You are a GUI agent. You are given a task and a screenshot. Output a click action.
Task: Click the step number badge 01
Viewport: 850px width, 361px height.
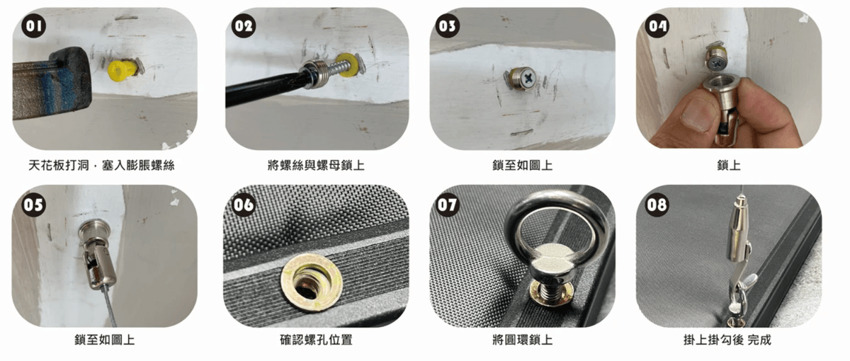pos(34,25)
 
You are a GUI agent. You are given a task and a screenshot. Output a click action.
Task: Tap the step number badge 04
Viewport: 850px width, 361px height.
pos(657,25)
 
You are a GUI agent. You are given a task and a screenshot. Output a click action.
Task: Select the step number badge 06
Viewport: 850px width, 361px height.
pos(244,205)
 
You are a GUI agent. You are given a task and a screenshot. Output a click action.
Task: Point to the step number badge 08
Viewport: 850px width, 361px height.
pos(657,205)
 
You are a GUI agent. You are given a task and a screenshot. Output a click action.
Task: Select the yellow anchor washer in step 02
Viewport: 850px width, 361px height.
pos(347,65)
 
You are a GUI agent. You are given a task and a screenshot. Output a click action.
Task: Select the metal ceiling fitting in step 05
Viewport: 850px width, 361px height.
pos(97,254)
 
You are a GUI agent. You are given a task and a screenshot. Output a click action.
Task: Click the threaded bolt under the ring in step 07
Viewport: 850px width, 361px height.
pos(550,290)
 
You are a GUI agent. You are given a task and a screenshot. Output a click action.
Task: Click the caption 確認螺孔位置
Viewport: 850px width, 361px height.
pos(316,340)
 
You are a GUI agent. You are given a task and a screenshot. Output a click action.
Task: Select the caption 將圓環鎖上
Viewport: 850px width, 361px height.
pos(523,340)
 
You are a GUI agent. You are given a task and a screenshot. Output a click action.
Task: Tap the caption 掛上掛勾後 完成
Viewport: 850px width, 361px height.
pos(727,340)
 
